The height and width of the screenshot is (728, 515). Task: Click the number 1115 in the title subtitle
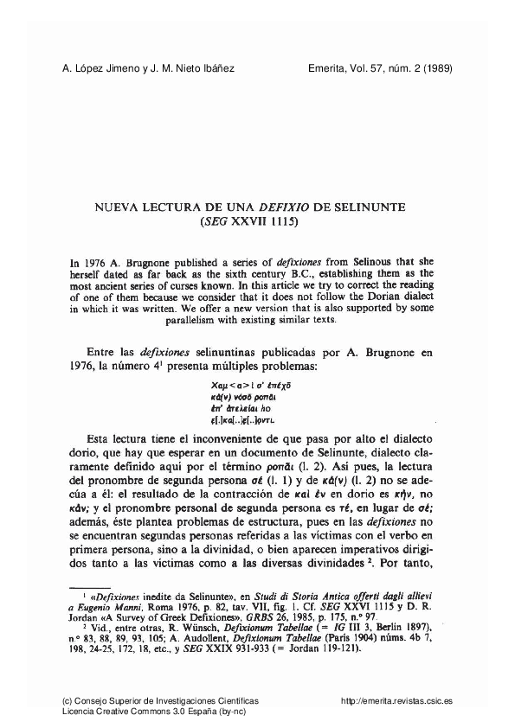pos(280,221)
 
